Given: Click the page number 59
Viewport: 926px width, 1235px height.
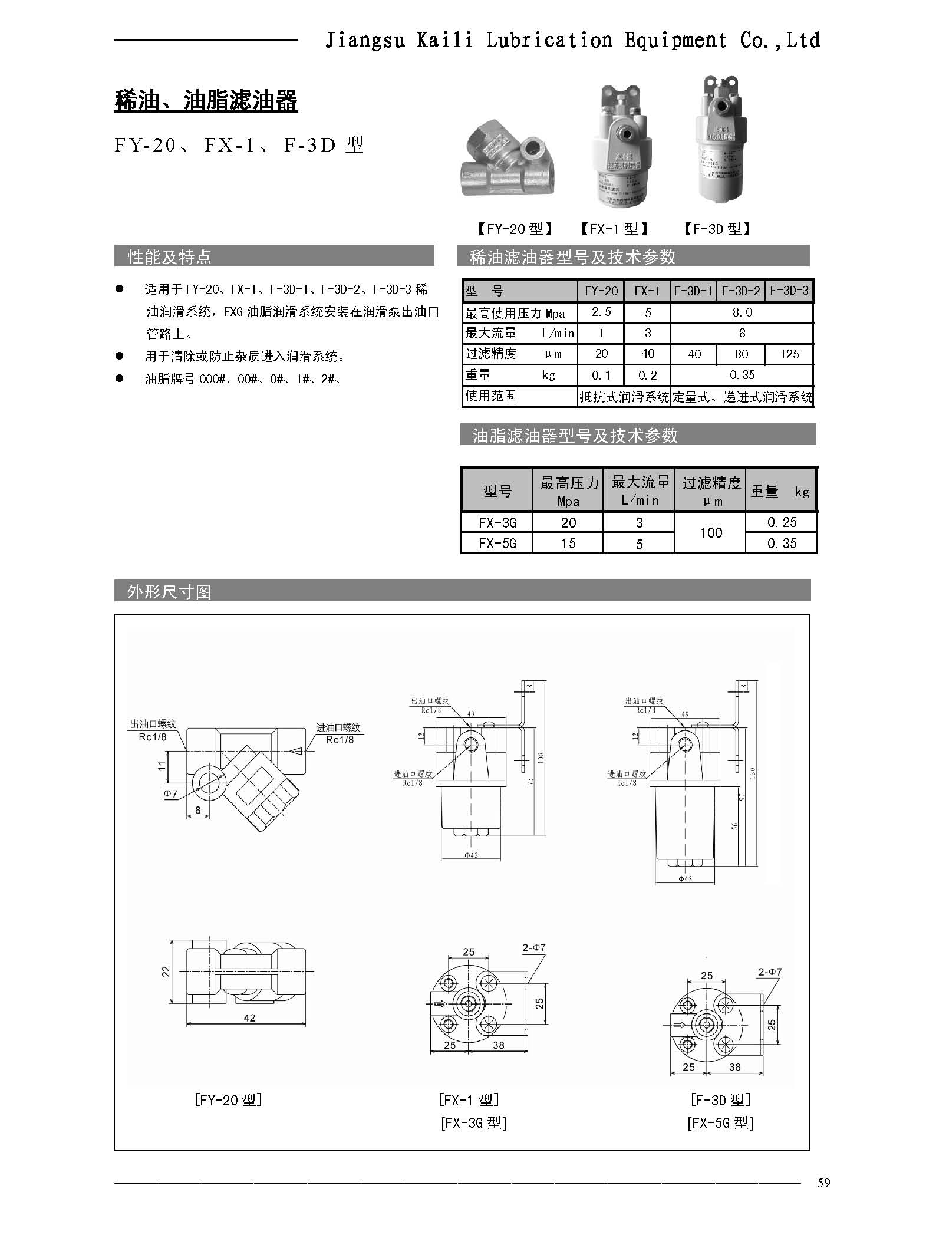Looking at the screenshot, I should coord(823,1183).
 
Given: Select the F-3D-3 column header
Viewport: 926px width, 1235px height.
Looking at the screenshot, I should coord(789,291).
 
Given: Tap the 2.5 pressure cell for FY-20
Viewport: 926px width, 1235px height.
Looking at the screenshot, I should coord(601,312).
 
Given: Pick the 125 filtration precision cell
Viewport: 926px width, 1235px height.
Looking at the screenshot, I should coord(789,354).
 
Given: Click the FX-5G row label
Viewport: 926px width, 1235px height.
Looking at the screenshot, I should coord(497,543).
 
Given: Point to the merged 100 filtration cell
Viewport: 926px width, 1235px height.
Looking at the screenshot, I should coord(710,532).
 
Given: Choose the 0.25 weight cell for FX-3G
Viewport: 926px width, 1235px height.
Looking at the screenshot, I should coord(782,522).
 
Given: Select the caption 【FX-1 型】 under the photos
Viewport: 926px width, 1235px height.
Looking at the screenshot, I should coord(614,229).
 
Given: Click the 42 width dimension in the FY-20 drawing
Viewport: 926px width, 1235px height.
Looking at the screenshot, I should coord(249,1017).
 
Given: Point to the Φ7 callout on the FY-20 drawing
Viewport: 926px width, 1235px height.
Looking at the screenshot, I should coord(170,794).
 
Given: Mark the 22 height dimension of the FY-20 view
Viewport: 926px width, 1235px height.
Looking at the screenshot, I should coord(166,970).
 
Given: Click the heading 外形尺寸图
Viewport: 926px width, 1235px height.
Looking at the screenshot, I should coord(169,591).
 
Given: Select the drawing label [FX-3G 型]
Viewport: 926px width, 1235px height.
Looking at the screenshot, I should coord(473,1123).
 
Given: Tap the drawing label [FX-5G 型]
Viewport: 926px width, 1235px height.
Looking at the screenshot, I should coord(720,1123).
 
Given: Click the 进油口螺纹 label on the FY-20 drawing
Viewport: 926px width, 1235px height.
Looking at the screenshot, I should coord(338,727).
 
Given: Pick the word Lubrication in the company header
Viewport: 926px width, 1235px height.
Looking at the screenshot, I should coord(549,40).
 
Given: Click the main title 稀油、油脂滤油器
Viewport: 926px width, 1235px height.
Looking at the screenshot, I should coord(206,101).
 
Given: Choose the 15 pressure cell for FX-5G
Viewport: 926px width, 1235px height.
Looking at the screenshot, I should coord(568,543).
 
